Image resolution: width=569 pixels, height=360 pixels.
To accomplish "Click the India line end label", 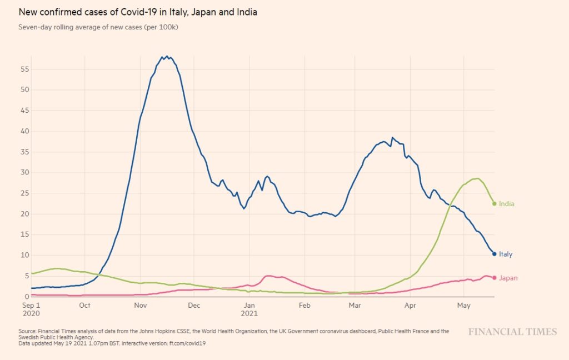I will click(x=506, y=204).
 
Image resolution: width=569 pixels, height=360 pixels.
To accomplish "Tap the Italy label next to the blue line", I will click(x=506, y=254).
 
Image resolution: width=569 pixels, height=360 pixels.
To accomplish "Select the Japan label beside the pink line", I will click(x=508, y=278).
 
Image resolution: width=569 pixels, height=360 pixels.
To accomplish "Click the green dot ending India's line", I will click(x=494, y=204).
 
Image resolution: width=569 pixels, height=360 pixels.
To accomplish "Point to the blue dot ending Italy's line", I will click(x=494, y=254).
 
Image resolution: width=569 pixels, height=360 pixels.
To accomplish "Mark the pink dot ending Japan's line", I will click(x=494, y=278).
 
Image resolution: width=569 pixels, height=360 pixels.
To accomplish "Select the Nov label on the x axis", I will click(x=140, y=305).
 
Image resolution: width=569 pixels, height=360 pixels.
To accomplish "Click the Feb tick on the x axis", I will click(x=304, y=305).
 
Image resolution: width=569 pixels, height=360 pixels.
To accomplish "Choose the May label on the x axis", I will click(x=463, y=305).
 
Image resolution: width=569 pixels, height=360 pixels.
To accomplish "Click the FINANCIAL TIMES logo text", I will click(x=512, y=332).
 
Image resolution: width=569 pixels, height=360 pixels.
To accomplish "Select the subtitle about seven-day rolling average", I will click(x=98, y=27).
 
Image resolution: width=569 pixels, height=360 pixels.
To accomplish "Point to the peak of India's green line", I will click(x=477, y=178).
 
